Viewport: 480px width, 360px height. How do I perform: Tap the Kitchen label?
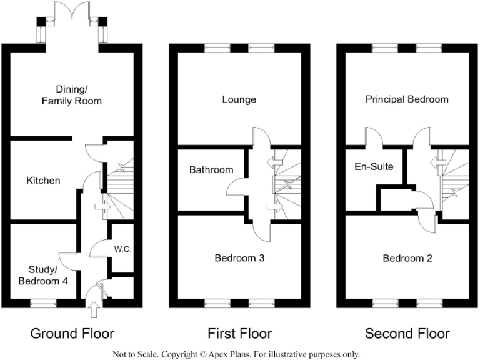click(x=43, y=181)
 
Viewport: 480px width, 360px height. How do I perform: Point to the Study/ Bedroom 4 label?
click(x=44, y=275)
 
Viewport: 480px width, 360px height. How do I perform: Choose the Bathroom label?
click(x=211, y=169)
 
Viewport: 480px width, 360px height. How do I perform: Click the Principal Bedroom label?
click(x=407, y=99)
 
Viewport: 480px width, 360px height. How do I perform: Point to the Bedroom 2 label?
click(x=407, y=257)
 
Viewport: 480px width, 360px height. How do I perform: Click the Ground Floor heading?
click(x=72, y=333)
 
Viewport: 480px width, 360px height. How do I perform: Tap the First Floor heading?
click(x=240, y=333)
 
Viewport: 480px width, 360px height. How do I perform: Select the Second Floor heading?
click(x=407, y=333)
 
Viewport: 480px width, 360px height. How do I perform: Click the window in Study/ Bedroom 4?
click(x=42, y=303)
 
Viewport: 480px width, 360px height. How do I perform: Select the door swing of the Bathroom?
click(x=236, y=188)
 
